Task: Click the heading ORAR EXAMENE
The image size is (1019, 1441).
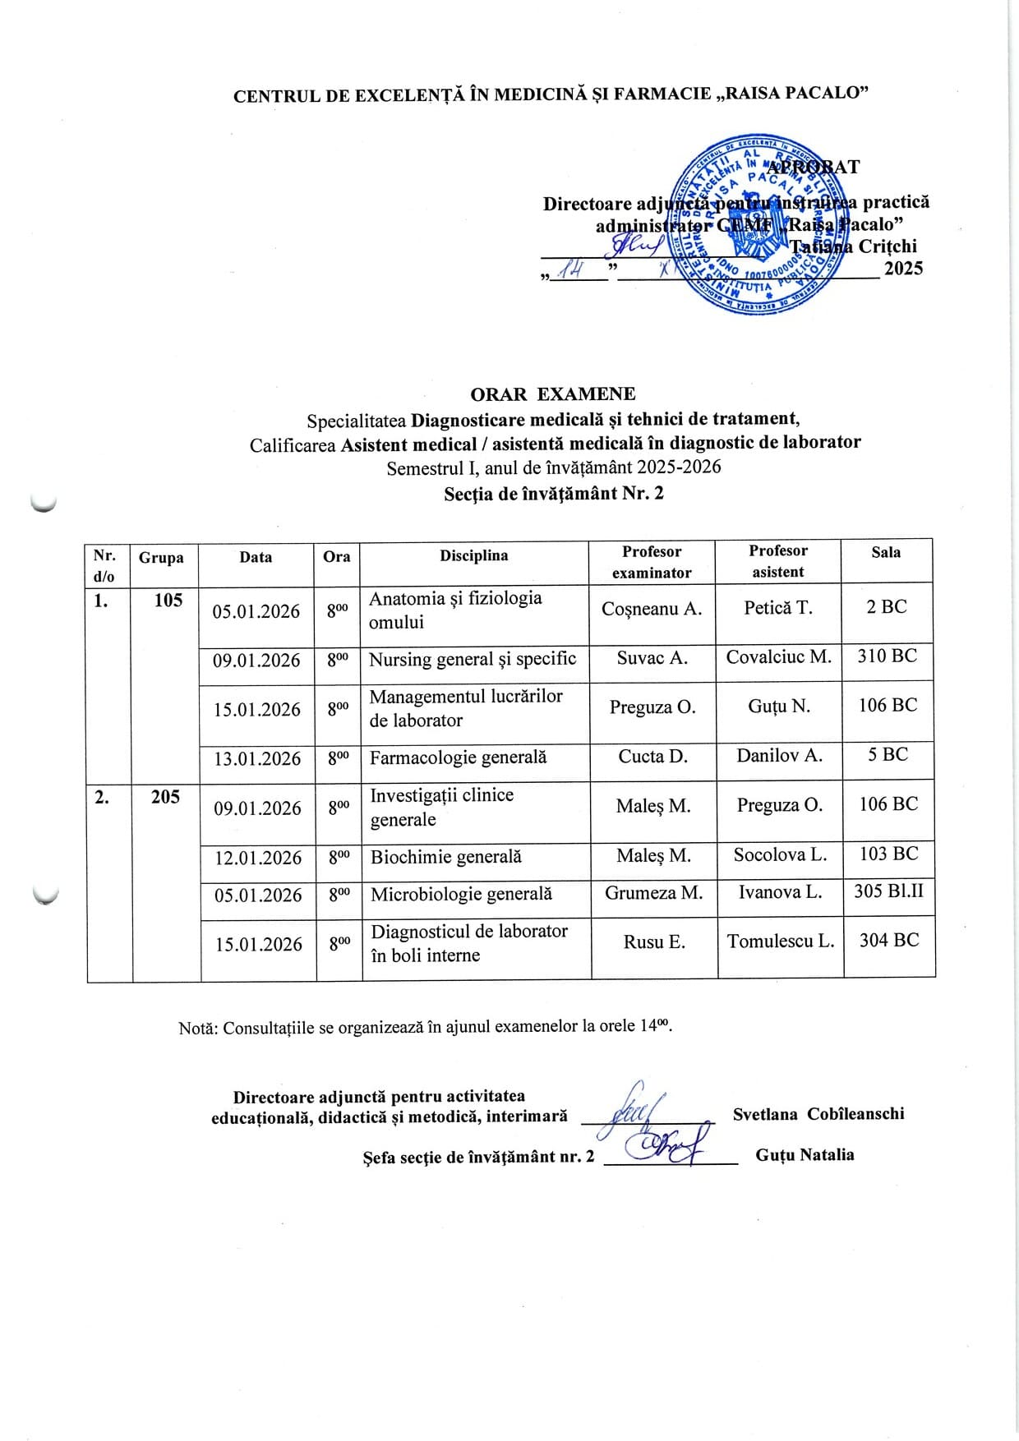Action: [x=552, y=394]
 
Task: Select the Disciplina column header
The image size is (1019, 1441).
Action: [x=473, y=556]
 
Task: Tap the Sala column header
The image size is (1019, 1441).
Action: [x=886, y=553]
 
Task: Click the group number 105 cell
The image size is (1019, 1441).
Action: [x=168, y=601]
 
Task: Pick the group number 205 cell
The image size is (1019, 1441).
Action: [x=165, y=797]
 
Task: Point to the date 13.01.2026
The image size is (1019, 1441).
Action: [x=257, y=759]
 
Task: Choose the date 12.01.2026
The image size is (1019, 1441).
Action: [x=258, y=859]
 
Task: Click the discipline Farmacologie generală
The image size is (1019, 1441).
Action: [x=458, y=757]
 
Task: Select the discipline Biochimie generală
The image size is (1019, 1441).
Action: [x=446, y=857]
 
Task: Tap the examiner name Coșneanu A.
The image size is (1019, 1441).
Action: [x=652, y=609]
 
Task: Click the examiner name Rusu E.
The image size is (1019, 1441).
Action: [x=654, y=942]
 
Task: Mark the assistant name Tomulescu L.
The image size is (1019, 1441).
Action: [x=781, y=941]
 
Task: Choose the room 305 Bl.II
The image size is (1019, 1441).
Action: [x=888, y=891]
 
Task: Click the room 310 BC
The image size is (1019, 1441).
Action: [x=888, y=656]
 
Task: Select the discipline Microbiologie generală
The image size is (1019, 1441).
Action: [x=461, y=894]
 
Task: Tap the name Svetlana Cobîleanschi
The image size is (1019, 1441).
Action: [x=818, y=1114]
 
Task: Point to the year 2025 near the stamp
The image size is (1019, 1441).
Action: [x=903, y=268]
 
